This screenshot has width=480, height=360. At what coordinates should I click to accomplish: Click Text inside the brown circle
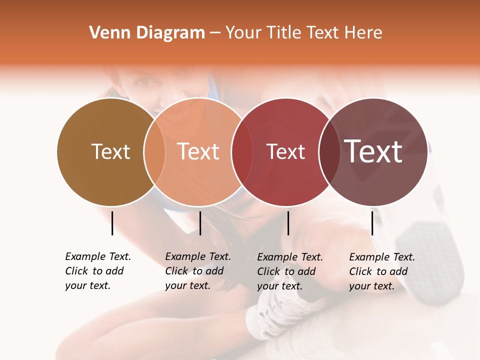110,151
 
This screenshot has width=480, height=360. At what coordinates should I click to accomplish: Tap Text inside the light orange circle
198,151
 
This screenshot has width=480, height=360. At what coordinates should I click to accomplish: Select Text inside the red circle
286,152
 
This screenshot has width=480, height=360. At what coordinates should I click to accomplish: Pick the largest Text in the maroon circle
373,151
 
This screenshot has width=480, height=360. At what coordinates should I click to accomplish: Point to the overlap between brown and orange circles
154,151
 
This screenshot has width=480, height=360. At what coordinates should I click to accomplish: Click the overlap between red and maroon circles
329,151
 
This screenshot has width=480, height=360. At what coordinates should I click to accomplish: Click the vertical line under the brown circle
112,223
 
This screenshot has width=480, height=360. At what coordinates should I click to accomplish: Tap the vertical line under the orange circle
200,223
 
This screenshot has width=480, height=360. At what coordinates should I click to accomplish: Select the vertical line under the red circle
288,223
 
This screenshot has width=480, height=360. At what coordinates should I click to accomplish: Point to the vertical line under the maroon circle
372,223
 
